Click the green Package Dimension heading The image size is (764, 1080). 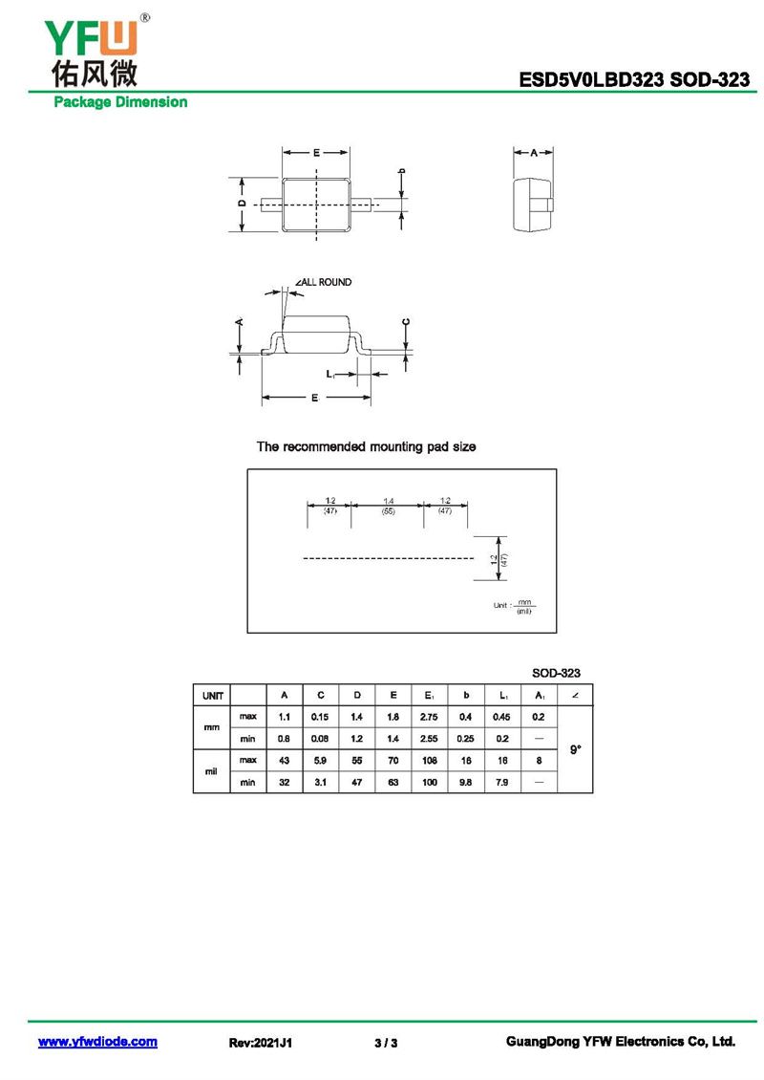coord(120,101)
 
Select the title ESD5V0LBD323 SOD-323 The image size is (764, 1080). coord(634,80)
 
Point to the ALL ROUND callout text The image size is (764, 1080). coord(324,282)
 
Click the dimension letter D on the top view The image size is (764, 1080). coord(243,204)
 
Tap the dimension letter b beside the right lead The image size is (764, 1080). coord(401,172)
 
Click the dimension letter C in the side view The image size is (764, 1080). coord(406,323)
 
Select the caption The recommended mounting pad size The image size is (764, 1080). coord(366,447)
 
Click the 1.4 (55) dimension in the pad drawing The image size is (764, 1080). coord(389,507)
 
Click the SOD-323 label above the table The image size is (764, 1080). coord(556,673)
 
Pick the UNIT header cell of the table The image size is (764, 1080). coord(212,695)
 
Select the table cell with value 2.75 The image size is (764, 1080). coord(429,716)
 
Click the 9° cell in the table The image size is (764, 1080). coord(575,749)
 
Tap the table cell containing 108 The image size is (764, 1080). coord(429,760)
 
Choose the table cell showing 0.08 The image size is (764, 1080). coord(320,738)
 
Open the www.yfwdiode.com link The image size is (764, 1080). coord(97,1042)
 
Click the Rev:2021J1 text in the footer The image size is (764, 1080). coord(261,1043)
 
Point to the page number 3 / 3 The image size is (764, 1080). coord(386,1043)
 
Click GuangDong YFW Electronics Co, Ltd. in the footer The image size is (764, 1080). coord(620,1042)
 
